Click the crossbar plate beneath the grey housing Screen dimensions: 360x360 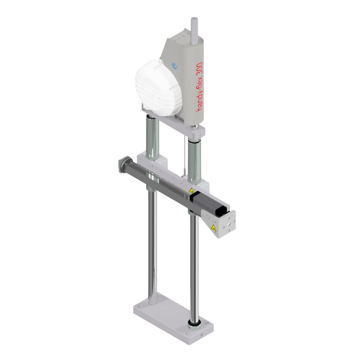180,124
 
